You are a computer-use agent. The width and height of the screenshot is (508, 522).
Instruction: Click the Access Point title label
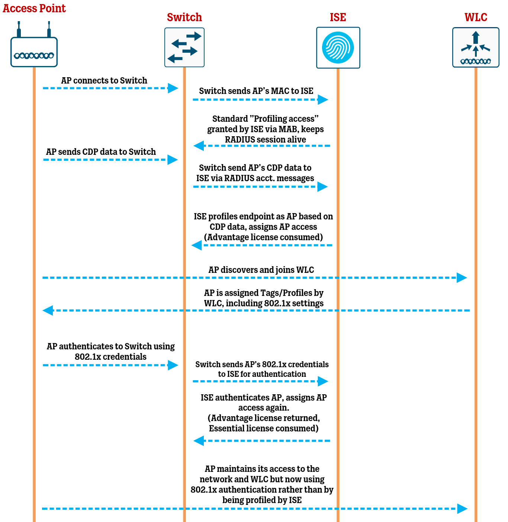34,8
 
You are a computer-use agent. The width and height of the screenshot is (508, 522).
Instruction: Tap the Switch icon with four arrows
184,47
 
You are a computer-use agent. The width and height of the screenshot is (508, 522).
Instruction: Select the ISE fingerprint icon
338,48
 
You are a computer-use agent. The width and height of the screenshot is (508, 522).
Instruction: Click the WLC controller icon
476,48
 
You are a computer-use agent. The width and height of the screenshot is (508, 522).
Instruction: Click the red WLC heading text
476,17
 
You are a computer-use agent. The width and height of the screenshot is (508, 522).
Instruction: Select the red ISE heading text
338,17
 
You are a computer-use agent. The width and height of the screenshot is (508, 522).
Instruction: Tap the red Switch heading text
184,17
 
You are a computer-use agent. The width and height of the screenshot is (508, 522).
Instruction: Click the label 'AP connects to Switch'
104,81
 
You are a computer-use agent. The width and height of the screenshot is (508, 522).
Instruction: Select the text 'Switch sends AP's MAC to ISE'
256,91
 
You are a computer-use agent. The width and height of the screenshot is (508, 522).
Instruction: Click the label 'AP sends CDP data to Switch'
101,152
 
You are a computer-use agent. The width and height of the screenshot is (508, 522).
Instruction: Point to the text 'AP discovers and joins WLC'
261,270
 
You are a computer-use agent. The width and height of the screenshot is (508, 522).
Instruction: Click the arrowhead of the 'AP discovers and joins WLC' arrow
462,278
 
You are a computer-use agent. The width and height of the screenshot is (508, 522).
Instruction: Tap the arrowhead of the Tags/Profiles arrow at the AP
48,310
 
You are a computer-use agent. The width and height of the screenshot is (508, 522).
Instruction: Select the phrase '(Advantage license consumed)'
263,237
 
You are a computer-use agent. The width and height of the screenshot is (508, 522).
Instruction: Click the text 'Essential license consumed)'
264,428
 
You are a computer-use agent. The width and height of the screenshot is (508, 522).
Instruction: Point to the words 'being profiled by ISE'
262,500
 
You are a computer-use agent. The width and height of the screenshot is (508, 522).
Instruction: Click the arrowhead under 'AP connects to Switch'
173,88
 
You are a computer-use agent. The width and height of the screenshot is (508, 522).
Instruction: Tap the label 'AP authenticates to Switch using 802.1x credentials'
110,352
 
